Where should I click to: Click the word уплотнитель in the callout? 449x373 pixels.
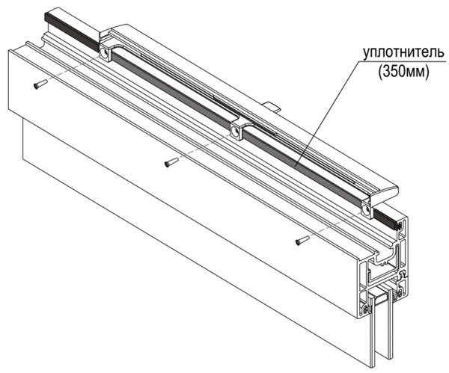click(x=404, y=53)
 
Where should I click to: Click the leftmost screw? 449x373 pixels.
click(x=40, y=84)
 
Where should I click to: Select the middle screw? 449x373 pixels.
click(x=171, y=163)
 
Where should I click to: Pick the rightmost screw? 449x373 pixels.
click(x=302, y=240)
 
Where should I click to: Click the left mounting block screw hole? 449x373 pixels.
click(x=103, y=53)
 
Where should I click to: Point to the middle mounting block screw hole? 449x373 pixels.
click(x=235, y=131)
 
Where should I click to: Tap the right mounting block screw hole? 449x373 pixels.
click(x=366, y=209)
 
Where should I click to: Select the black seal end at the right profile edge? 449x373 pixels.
click(x=398, y=225)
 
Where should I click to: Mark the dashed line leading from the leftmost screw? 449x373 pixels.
click(x=74, y=68)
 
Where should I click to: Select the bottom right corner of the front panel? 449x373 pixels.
click(x=371, y=368)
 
